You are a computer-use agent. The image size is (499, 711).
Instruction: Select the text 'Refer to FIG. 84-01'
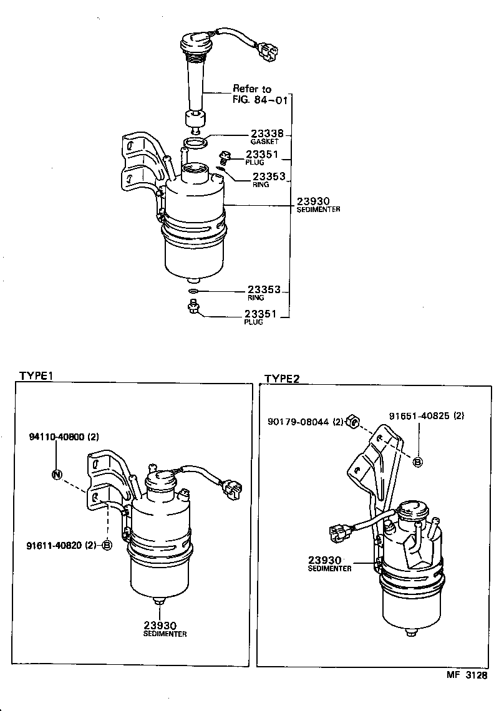tap(252, 94)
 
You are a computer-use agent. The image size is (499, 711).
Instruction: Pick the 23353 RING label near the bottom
tap(264, 290)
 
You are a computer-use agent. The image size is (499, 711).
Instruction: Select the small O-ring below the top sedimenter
tap(194, 291)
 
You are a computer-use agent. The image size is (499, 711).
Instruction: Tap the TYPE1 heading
tap(38, 376)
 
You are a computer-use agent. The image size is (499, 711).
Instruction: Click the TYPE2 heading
tap(282, 379)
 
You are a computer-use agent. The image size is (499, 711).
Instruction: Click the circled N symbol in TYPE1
tap(57, 475)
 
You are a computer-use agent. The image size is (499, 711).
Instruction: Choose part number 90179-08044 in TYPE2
tap(298, 422)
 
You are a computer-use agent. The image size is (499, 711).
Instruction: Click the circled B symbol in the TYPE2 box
tap(418, 462)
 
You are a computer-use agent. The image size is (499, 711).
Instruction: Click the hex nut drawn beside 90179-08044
tap(352, 422)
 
